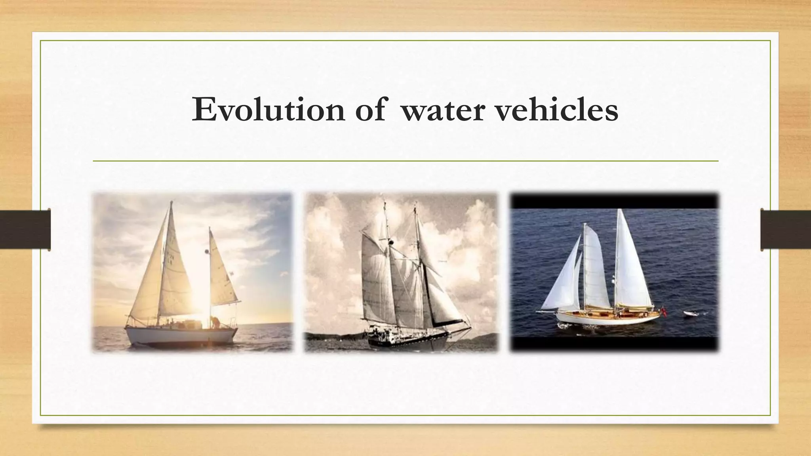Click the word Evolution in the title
pos(268,109)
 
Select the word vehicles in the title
pos(556,109)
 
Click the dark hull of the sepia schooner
pos(408,340)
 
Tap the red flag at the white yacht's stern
pos(664,312)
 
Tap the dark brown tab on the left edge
pos(25,230)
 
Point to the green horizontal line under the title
pos(405,161)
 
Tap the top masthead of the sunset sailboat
pos(171,202)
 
